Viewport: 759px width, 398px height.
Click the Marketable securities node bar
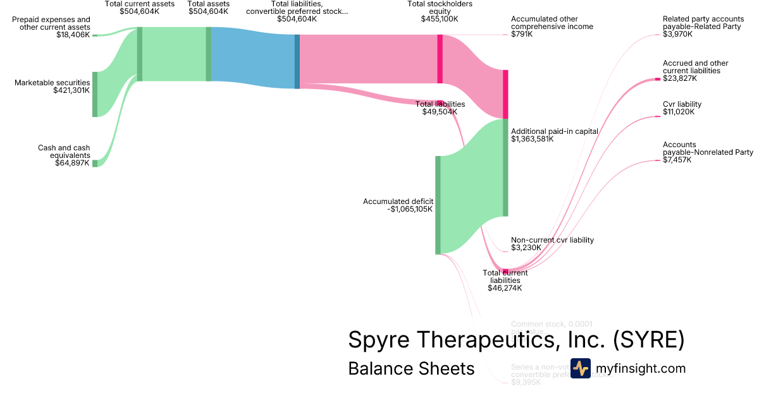[x=95, y=94]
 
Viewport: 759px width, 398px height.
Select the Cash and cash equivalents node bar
[x=95, y=163]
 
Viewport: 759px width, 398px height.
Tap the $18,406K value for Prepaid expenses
[x=73, y=35]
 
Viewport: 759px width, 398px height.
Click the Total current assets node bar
[x=139, y=54]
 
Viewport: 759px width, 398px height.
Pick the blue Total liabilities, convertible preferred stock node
[x=297, y=61]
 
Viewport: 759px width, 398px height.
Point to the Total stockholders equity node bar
[x=440, y=59]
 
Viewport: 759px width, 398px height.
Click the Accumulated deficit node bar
[x=438, y=205]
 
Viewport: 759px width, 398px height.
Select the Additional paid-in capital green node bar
[x=505, y=167]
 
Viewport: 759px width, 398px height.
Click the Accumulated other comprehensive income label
[x=552, y=23]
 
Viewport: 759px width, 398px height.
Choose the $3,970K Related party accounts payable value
[x=677, y=34]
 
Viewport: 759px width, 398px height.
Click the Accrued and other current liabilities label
[x=695, y=67]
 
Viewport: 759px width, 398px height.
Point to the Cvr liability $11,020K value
[x=678, y=112]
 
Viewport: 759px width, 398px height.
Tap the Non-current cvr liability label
[x=552, y=240]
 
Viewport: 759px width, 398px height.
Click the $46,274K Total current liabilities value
[x=505, y=287]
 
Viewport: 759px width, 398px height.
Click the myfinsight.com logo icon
[x=580, y=368]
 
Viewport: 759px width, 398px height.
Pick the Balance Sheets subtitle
[x=411, y=368]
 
